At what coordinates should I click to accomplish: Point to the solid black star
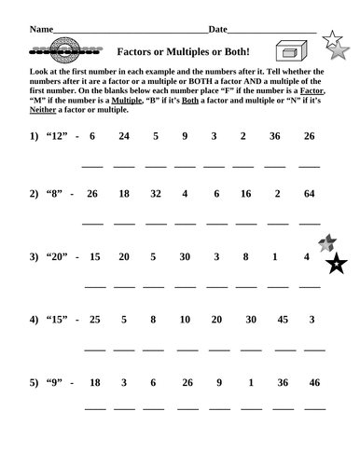[x=334, y=267]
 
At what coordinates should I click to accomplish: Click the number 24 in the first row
[x=123, y=137]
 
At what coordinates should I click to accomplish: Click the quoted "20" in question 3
[x=58, y=257]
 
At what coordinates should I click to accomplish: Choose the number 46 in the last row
[x=313, y=382]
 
